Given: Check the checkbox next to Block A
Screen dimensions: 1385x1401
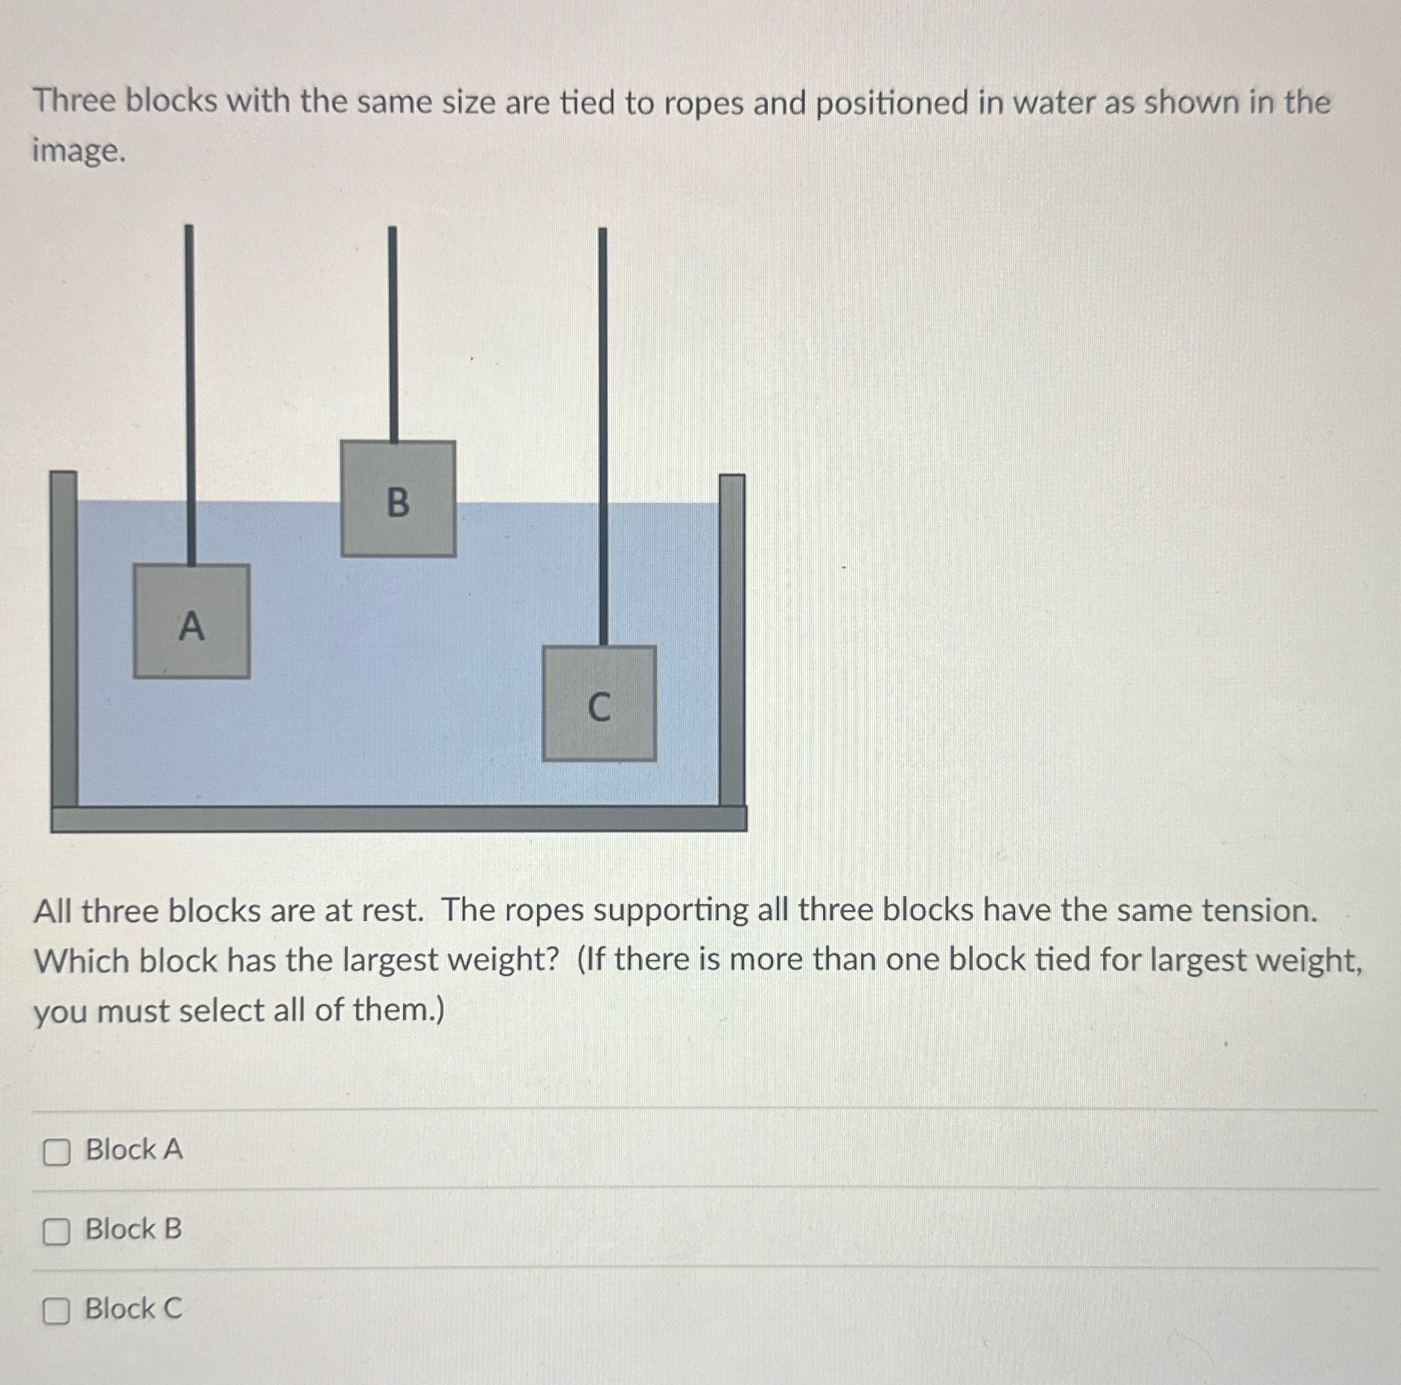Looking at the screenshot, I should (x=57, y=1152).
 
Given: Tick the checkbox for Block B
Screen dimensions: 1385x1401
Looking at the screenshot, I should (x=57, y=1232).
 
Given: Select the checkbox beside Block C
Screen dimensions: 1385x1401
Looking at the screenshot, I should (x=57, y=1311).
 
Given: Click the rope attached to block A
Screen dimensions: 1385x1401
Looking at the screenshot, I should (x=190, y=387).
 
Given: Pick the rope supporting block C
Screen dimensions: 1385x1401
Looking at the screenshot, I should (x=603, y=432).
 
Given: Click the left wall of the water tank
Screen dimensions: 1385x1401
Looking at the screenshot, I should (x=64, y=640).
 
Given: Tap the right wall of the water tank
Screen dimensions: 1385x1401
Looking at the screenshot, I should (x=731, y=640).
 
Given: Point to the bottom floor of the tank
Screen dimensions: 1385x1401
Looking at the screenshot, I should (x=398, y=818).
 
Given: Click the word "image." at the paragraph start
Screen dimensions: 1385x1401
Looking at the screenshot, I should (x=79, y=151).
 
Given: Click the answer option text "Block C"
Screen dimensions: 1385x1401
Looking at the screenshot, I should (x=133, y=1308).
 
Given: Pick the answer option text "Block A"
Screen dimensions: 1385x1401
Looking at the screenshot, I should (x=134, y=1149).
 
